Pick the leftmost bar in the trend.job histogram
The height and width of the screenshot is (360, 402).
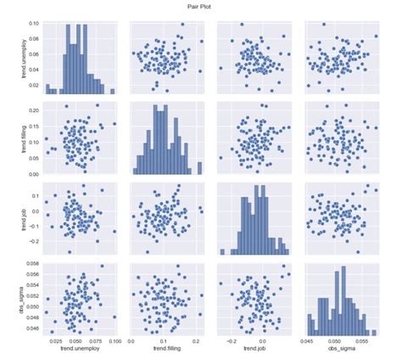tap(222, 251)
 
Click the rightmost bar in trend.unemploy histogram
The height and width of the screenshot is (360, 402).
tap(112, 91)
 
